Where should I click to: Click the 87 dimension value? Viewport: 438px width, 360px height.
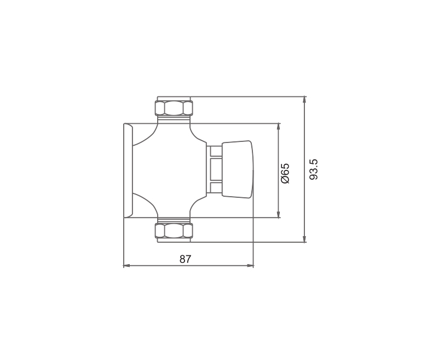coord(185,259)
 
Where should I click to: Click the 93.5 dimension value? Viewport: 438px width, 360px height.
coord(314,169)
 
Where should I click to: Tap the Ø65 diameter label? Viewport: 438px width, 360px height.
coord(285,173)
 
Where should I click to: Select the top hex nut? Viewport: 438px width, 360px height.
coord(174,108)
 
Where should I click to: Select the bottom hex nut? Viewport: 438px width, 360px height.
coord(174,231)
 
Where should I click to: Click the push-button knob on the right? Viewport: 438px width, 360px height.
coord(238,169)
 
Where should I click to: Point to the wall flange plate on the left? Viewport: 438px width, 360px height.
coord(128,170)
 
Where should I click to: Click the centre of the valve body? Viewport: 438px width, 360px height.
coord(170,170)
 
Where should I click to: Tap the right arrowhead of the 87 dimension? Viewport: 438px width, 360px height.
coord(250,266)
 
